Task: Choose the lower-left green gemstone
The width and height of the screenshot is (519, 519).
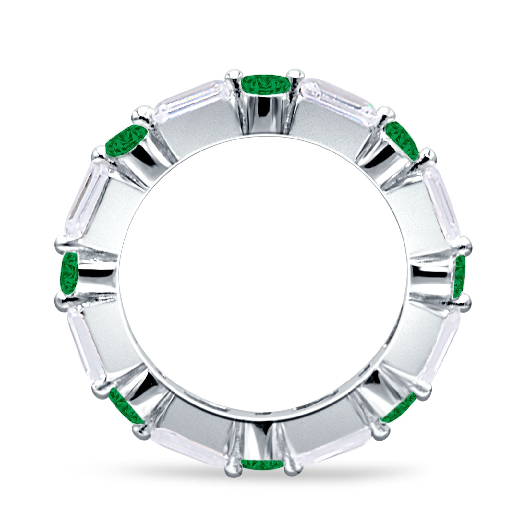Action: pyautogui.click(x=125, y=405)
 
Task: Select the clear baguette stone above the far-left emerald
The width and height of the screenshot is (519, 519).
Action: pyautogui.click(x=88, y=198)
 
